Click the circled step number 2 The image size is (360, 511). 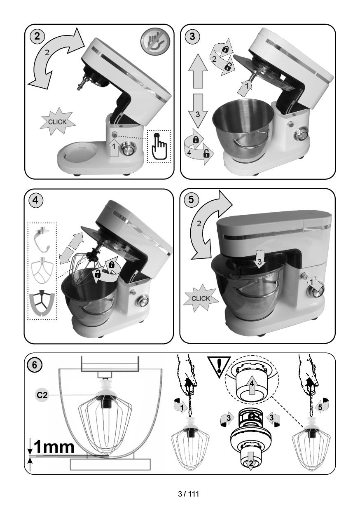37,36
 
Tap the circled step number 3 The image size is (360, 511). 192,36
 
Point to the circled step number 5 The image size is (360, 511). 191,199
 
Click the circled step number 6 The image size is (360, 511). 35,365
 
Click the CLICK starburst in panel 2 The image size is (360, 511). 57,122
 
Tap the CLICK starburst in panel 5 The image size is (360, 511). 201,298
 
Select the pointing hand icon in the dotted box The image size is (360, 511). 159,146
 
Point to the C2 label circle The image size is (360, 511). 42,395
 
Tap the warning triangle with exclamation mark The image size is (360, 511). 219,367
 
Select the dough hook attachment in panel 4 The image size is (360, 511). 42,239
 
